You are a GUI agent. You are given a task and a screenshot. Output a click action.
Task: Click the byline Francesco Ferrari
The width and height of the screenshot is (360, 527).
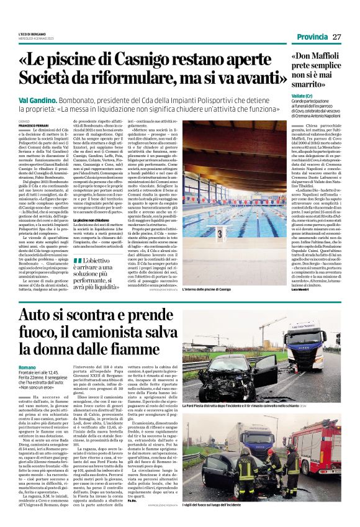click(x=32, y=125)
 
